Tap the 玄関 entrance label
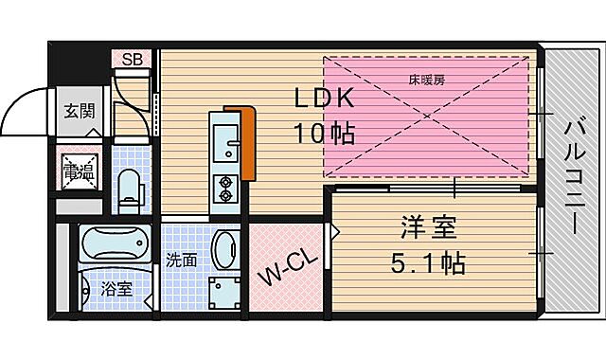tap(80, 111)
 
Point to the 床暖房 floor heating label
tap(428, 80)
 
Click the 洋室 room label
tap(429, 228)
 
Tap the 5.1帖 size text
tap(429, 262)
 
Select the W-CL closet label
tap(281, 273)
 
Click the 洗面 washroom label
tap(182, 259)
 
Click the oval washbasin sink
tap(224, 251)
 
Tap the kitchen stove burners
tap(227, 189)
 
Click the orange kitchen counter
tap(248, 142)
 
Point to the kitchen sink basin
tap(227, 141)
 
